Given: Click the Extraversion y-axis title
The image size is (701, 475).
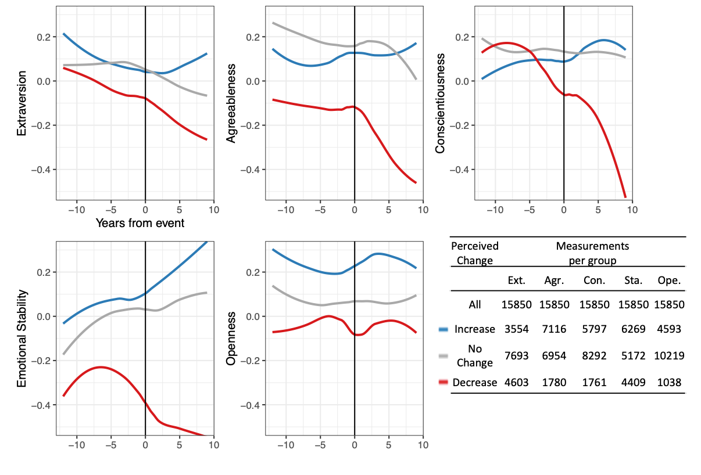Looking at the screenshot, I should point(22,103).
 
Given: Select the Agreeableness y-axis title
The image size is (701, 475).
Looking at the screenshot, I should point(231,103).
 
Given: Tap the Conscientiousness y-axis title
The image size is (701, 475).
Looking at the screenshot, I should point(440,103).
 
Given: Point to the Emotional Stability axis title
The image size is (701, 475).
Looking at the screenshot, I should point(22,339).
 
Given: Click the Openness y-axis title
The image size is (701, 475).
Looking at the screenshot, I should point(231,339).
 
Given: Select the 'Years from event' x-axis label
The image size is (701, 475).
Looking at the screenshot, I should point(140,223).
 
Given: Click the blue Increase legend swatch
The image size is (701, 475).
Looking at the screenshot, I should point(444,329).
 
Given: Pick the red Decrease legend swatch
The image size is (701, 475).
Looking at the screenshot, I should point(444,382).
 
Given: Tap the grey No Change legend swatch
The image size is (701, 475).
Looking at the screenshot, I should point(444,355).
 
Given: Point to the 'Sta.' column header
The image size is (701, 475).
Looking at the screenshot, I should point(633,280).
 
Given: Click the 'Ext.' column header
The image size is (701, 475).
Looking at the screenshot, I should point(516,280).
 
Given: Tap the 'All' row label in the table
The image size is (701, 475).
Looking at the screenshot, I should point(474,304).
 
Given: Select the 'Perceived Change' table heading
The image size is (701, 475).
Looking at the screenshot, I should point(474,253).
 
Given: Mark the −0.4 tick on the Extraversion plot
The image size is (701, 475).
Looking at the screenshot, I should point(43,170).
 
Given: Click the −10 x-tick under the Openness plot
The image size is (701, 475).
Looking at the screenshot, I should point(285,445).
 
